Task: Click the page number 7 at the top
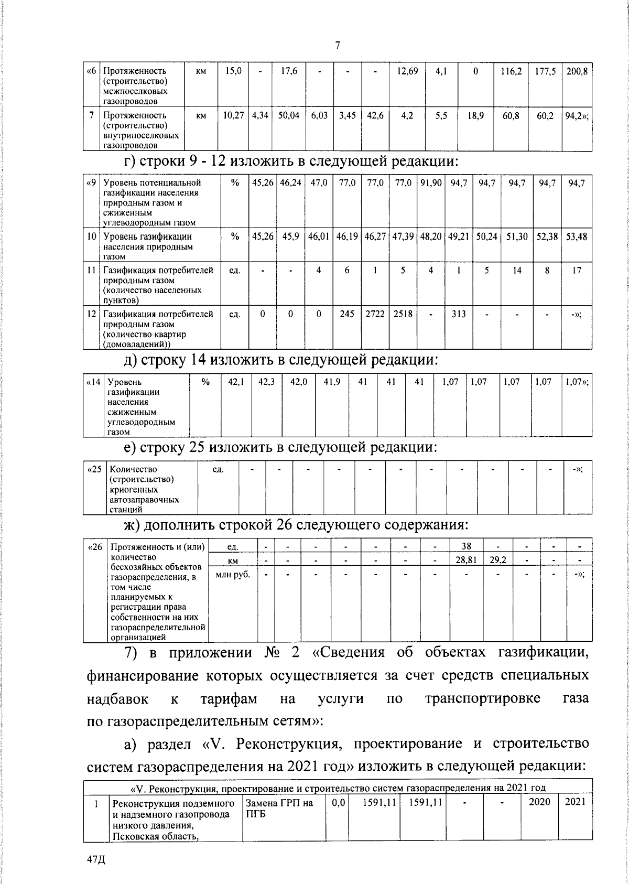coord(338,46)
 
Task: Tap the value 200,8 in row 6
coord(576,70)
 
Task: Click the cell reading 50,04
coord(289,115)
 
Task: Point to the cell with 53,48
coord(576,236)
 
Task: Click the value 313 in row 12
coord(459,314)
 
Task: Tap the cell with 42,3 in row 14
coord(266,382)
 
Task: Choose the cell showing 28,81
coord(465,560)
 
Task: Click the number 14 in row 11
coord(517,271)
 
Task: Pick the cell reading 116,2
coord(511,70)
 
